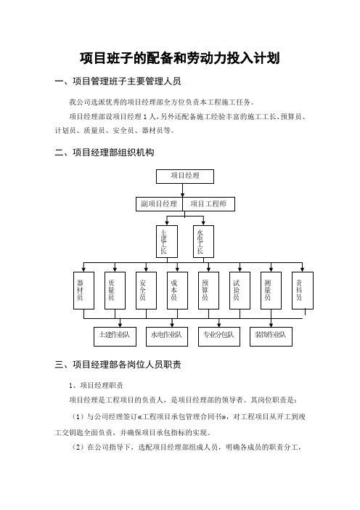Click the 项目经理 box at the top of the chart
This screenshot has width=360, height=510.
click(185, 177)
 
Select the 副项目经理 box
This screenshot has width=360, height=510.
click(159, 204)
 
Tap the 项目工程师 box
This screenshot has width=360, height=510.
click(208, 204)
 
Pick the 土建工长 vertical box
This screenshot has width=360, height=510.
click(167, 242)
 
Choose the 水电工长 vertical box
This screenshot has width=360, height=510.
click(203, 242)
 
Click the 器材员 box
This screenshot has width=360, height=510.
click(83, 291)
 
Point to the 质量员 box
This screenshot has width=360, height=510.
click(115, 291)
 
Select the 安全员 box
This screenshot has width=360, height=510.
click(146, 291)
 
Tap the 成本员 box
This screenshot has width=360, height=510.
click(177, 291)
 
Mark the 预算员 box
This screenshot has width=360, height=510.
click(208, 291)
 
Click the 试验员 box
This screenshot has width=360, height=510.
click(240, 291)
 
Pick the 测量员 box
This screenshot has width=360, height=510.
click(271, 291)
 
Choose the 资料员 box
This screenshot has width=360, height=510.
click(303, 291)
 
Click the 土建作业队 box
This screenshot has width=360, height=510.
click(115, 336)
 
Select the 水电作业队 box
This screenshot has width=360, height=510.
click(167, 336)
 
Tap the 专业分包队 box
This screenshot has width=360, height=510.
click(219, 336)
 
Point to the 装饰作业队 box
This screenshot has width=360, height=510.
click(271, 336)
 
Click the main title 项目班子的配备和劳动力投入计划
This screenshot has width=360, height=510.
click(180, 58)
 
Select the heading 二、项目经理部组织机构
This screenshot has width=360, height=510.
click(105, 153)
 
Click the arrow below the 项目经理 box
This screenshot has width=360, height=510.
click(183, 190)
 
